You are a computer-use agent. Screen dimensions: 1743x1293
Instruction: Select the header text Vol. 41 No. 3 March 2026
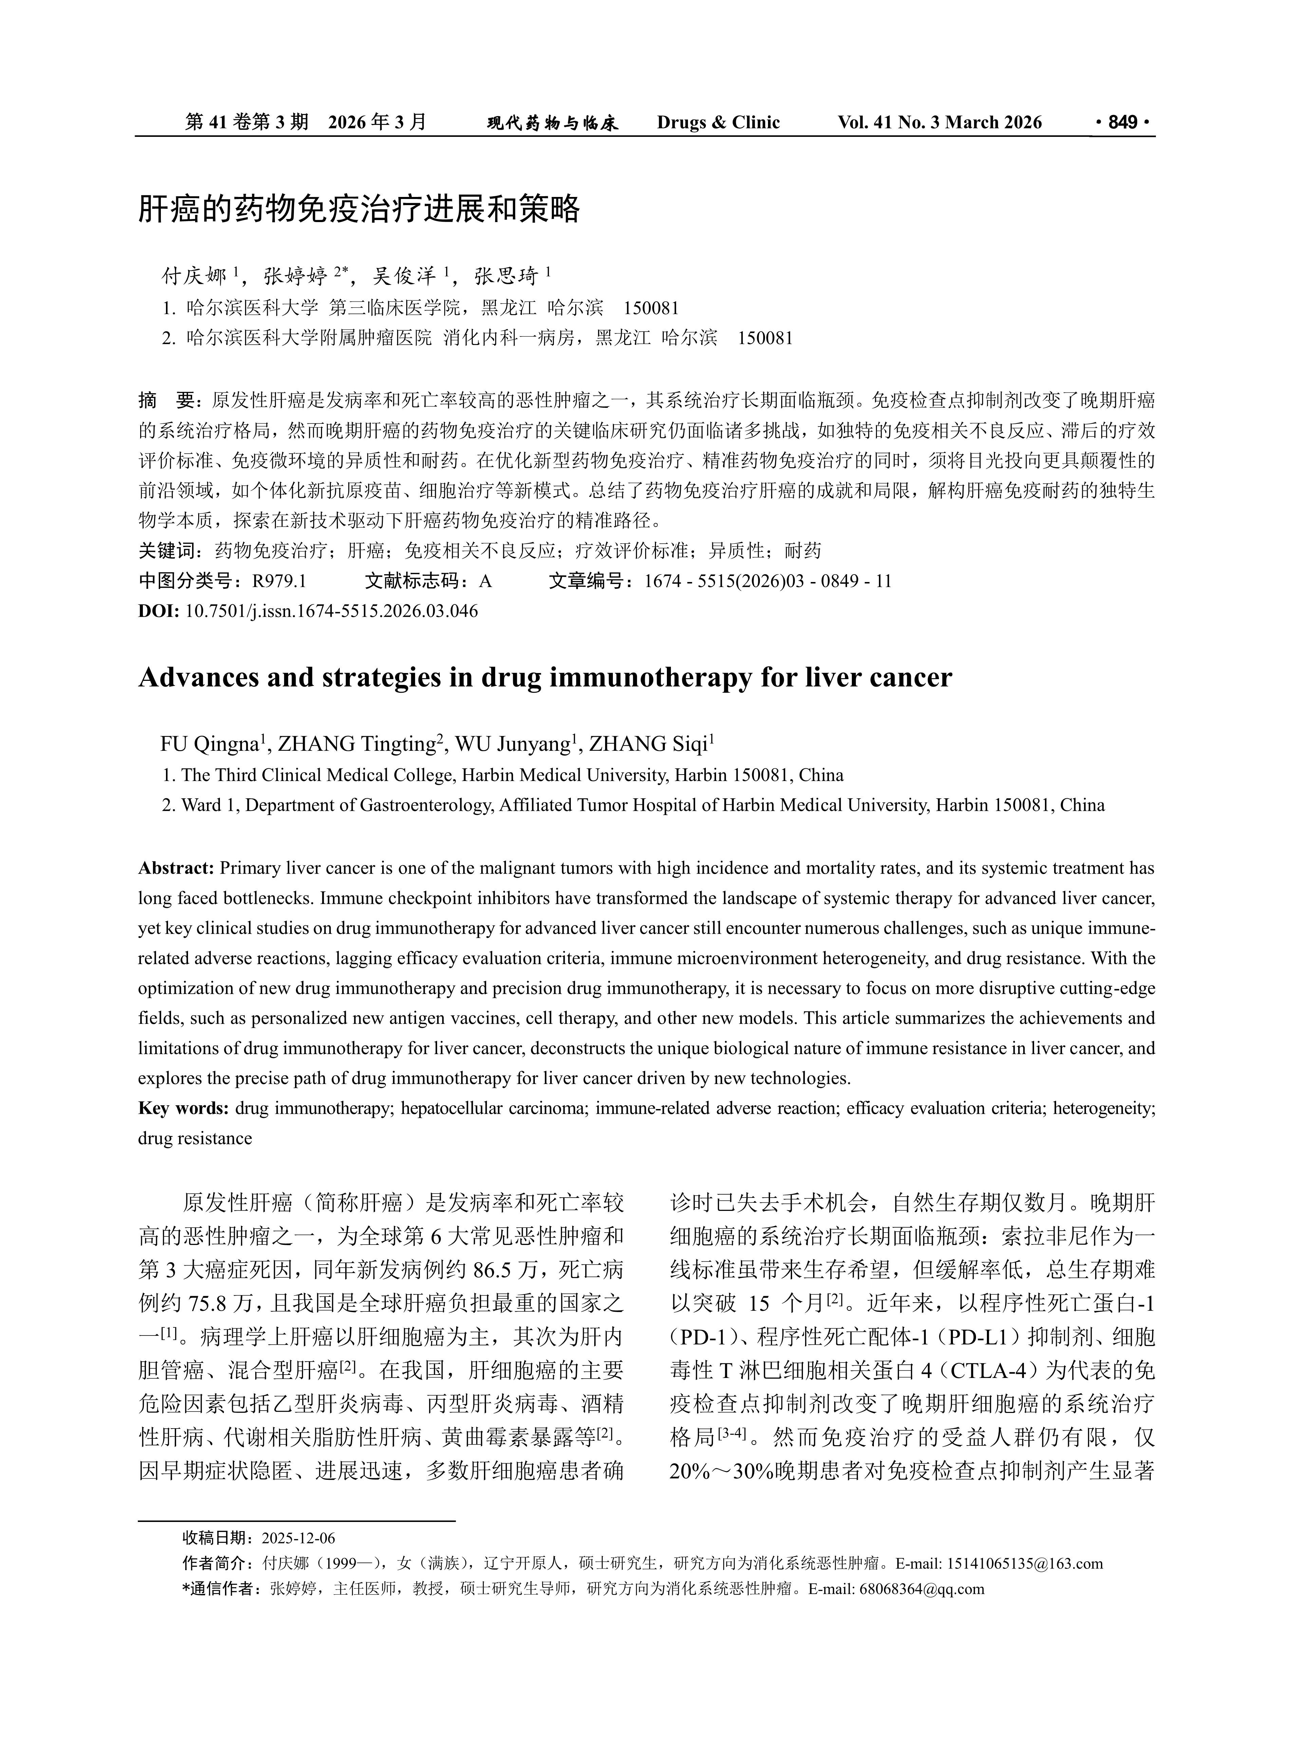(x=939, y=122)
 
